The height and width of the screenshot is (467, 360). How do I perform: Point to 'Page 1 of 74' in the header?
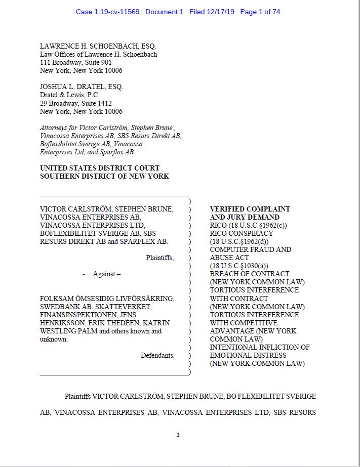pyautogui.click(x=260, y=12)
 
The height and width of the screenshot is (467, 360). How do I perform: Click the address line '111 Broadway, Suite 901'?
pyautogui.click(x=76, y=62)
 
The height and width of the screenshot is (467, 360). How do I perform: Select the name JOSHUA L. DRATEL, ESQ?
pyautogui.click(x=82, y=87)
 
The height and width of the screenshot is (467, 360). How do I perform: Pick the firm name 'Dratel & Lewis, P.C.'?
pyautogui.click(x=70, y=95)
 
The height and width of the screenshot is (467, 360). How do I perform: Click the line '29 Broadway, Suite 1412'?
pyautogui.click(x=76, y=103)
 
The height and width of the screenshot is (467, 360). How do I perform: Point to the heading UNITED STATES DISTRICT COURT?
pyautogui.click(x=100, y=168)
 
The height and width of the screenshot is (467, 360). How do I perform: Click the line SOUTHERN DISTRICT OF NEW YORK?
pyautogui.click(x=104, y=176)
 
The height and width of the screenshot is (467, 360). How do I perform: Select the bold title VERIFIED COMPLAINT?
pyautogui.click(x=250, y=209)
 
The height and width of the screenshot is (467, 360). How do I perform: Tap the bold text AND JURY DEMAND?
pyautogui.click(x=245, y=217)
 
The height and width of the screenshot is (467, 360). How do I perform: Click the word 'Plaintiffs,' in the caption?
pyautogui.click(x=160, y=258)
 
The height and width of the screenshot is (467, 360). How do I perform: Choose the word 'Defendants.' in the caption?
pyautogui.click(x=157, y=355)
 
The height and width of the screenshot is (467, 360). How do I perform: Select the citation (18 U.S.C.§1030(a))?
pyautogui.click(x=241, y=266)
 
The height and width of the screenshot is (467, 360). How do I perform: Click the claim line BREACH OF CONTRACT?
pyautogui.click(x=250, y=274)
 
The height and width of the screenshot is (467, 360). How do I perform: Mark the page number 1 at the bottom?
pyautogui.click(x=178, y=435)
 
